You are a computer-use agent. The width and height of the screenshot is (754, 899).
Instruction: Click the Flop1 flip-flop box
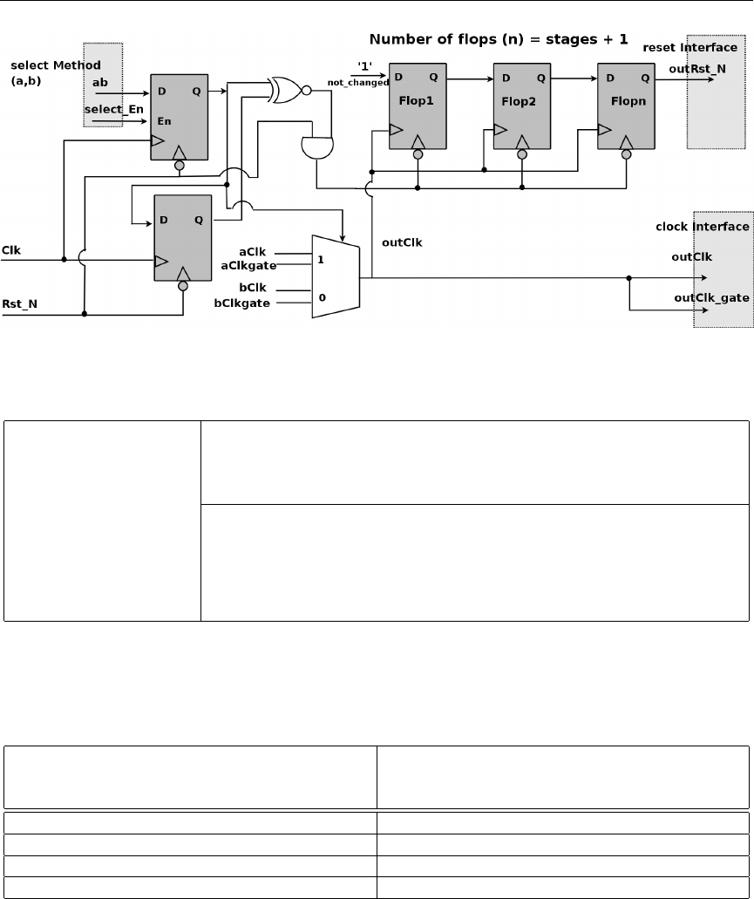[418, 106]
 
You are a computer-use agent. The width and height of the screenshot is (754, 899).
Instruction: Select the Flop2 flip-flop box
[522, 106]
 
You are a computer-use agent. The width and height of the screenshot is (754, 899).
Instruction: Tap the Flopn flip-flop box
[626, 106]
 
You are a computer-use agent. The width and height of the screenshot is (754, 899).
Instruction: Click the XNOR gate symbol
[289, 90]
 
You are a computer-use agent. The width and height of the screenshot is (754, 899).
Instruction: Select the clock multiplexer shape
[336, 276]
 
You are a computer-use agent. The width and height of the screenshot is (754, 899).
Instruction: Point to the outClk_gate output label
[712, 297]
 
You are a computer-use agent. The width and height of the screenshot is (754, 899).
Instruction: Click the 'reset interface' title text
[689, 46]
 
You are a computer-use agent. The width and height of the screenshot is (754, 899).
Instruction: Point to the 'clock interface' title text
[702, 227]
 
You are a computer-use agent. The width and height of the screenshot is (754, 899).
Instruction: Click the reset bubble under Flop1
[418, 155]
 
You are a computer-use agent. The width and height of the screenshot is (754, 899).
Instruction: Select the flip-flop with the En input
[180, 116]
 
